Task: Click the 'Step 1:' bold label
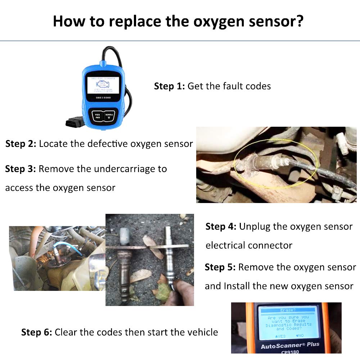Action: (169, 86)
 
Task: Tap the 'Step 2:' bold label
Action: (21, 144)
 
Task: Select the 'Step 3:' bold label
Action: (20, 169)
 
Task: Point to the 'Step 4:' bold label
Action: (221, 227)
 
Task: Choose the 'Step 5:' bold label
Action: (220, 267)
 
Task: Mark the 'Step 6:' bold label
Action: (36, 332)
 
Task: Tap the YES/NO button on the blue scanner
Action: (96, 116)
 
